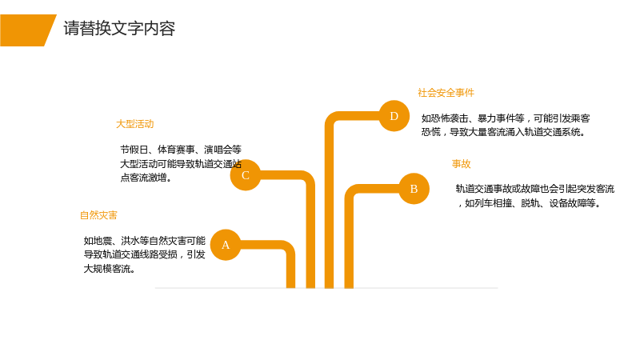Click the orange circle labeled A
(x=226, y=245)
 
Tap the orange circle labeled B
(x=414, y=189)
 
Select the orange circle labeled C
(x=246, y=175)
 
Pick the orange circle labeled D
(x=394, y=116)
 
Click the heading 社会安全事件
(x=446, y=93)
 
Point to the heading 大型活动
(x=134, y=124)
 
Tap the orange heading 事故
(x=462, y=164)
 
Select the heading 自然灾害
(x=98, y=215)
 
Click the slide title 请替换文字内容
(x=119, y=29)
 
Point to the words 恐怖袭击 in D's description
(x=450, y=118)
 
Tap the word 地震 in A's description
(x=102, y=241)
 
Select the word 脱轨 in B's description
(x=530, y=203)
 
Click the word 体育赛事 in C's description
(x=176, y=150)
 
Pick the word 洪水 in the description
(x=130, y=241)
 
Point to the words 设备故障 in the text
(x=568, y=203)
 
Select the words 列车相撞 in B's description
(x=493, y=203)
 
